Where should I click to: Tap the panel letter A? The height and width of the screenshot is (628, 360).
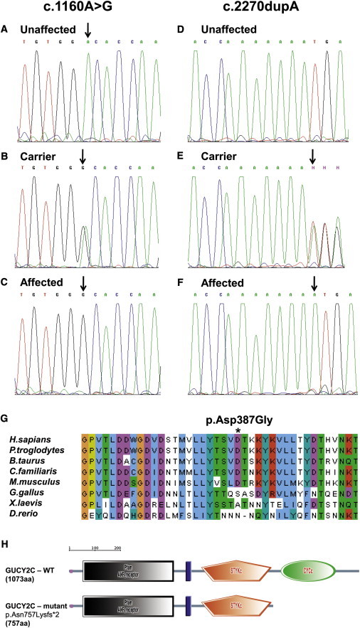[6, 31]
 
